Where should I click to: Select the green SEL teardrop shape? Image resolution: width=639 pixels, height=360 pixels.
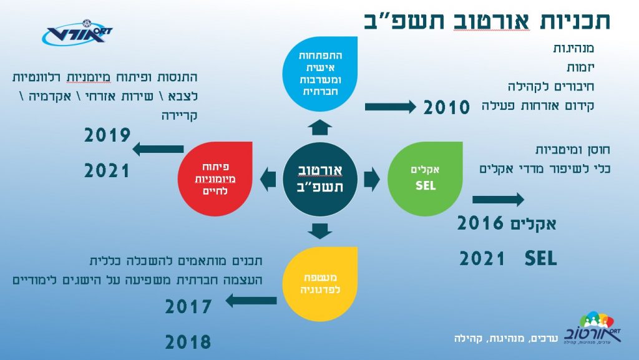pos(425,179)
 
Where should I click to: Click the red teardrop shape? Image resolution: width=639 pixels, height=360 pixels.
pos(215,179)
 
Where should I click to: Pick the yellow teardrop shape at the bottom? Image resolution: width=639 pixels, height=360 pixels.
pos(320,284)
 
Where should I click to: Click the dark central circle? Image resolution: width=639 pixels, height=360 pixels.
pos(320,179)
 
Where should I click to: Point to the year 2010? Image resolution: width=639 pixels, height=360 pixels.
pos(447,107)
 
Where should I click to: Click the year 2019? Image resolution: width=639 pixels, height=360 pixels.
pos(107,135)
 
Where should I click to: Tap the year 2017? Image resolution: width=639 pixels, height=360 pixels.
pos(188,306)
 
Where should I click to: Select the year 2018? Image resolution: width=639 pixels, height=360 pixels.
pos(188,342)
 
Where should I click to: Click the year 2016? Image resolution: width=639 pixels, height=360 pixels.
pos(480,223)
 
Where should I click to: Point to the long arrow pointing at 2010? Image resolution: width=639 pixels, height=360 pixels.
pos(391,107)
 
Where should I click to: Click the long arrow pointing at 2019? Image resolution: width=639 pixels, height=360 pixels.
pos(158,149)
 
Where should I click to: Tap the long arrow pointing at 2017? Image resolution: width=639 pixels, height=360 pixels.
pos(251,301)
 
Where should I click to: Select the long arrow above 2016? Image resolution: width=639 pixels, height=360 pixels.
pos(499,200)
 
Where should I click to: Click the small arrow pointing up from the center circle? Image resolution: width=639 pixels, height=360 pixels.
pos(320,127)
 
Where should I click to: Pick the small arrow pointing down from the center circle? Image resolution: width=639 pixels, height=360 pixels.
pos(320,231)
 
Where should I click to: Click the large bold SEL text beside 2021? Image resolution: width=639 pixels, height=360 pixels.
pos(540,258)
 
